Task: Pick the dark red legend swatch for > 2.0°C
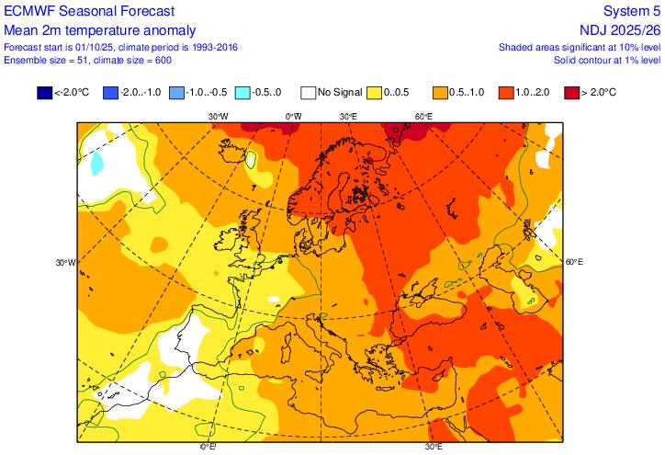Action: point(570,92)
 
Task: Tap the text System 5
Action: point(631,10)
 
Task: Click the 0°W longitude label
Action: point(294,117)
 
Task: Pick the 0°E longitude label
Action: point(208,448)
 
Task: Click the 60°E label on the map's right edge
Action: point(573,262)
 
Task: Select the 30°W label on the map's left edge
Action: point(64,262)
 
